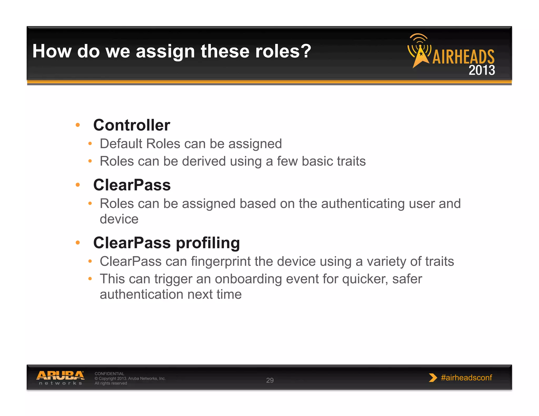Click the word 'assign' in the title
(x=165, y=51)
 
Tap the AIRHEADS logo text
(x=463, y=57)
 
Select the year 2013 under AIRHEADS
(x=482, y=70)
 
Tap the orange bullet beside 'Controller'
(x=78, y=125)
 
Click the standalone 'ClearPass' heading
(x=132, y=185)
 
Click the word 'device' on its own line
(x=119, y=219)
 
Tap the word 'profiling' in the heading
(x=208, y=243)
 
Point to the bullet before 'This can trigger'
(x=90, y=279)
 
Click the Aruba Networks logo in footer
(x=60, y=378)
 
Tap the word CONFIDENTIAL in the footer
(x=109, y=374)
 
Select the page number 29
(x=270, y=380)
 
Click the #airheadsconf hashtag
(x=466, y=378)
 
